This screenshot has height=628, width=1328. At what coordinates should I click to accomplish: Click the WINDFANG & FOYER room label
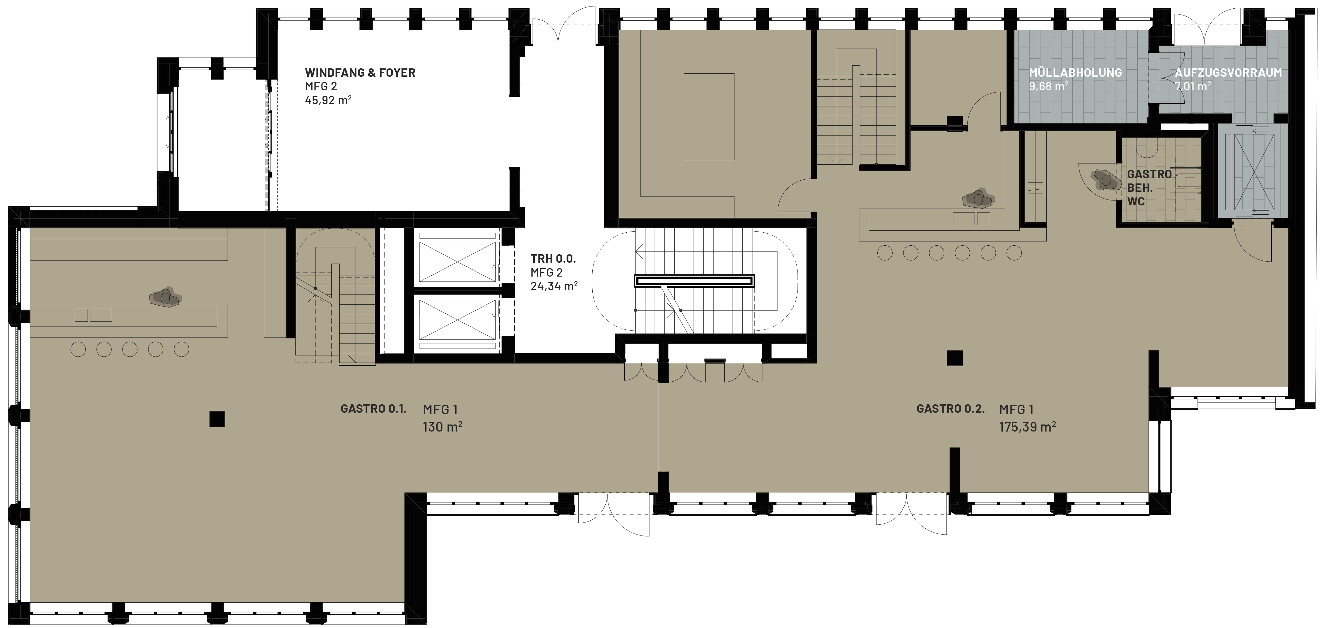click(360, 73)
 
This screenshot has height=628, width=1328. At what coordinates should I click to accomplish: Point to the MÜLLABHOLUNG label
click(1075, 73)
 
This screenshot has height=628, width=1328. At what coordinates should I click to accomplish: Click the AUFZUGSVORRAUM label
click(1228, 73)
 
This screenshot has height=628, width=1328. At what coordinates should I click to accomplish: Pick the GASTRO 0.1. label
click(373, 409)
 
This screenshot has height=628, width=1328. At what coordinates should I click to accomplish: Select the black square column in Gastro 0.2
click(955, 358)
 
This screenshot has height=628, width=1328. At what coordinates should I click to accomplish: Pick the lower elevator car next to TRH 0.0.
click(457, 320)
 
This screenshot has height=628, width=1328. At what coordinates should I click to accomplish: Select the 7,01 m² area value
click(1193, 86)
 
